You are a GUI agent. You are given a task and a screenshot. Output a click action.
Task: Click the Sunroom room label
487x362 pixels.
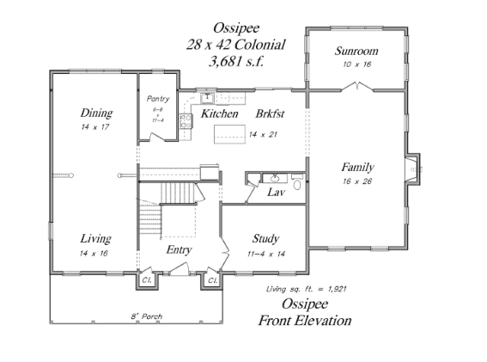pos(356,51)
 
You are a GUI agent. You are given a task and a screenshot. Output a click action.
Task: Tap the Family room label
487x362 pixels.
pos(357,168)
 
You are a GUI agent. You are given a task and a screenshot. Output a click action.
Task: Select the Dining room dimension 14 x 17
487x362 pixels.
pos(95,127)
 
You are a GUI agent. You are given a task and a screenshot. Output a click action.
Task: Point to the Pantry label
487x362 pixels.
pos(158,99)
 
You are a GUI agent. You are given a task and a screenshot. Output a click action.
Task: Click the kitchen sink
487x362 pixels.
pos(207,98)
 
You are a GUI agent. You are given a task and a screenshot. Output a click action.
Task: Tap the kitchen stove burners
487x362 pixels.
pos(186,121)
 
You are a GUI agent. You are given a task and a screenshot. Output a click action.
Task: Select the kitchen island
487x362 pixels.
pos(229,134)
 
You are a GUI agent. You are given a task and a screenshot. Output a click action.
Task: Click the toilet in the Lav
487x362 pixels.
pos(297,183)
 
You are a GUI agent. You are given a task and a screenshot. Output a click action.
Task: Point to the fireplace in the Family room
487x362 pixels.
pos(412,169)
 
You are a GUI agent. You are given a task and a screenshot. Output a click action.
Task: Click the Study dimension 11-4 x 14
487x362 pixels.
pos(266,254)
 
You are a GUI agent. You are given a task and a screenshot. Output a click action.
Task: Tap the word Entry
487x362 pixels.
pos(180,249)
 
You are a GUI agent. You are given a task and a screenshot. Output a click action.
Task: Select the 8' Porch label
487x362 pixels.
pos(147,316)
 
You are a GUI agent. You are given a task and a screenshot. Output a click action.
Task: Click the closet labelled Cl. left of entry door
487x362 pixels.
pos(147,280)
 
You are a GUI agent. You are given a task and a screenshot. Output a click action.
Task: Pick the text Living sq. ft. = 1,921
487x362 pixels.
pos(306,289)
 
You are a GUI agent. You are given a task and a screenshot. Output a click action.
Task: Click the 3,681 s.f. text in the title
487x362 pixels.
pos(236,61)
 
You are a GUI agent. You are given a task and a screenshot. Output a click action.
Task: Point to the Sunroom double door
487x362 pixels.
pos(357,86)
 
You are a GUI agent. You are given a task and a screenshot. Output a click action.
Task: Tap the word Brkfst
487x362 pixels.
pos(270,114)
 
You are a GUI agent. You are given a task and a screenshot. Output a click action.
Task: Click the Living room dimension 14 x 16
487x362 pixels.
pos(94,253)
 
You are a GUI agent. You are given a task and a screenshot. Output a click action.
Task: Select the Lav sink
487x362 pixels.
pos(275,178)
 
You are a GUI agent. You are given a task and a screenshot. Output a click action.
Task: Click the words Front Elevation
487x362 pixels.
pos(305,321)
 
